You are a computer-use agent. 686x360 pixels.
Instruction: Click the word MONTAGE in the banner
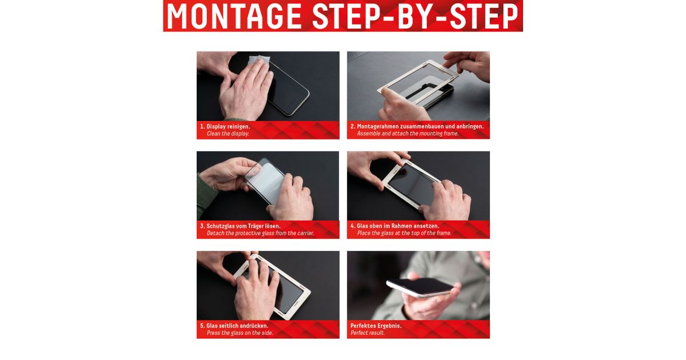(234, 16)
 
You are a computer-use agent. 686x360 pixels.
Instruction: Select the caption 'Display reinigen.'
(228, 126)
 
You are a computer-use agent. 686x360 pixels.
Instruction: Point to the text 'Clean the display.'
(228, 134)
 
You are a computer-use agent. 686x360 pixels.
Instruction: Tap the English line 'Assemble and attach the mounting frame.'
(408, 134)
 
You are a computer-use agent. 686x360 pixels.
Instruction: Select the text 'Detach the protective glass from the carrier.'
(260, 233)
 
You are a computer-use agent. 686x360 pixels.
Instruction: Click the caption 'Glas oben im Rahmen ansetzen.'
(398, 226)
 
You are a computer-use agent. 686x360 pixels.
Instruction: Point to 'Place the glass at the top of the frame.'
(404, 233)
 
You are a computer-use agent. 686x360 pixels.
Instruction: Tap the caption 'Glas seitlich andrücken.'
(237, 326)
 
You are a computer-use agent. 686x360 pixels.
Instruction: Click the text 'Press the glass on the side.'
(240, 333)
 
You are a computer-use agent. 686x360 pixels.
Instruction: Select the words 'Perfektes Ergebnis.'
(376, 326)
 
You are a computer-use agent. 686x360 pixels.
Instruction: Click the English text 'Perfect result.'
(368, 333)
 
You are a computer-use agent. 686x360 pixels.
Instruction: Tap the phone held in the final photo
(420, 287)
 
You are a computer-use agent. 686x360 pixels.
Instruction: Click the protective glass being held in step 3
(265, 181)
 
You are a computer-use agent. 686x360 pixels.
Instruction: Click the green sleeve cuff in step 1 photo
(237, 119)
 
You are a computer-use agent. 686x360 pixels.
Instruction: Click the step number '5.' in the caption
(202, 326)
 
